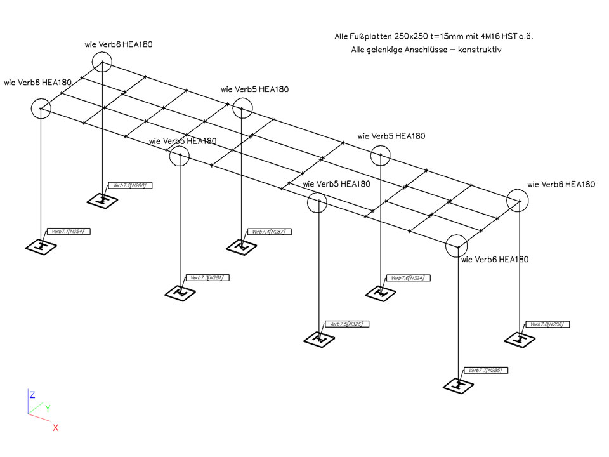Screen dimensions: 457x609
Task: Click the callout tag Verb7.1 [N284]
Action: (x=69, y=231)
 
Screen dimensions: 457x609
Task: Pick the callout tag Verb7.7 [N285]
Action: (x=486, y=369)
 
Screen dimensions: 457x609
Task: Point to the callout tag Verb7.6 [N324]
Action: (x=407, y=278)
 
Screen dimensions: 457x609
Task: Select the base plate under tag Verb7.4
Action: (x=241, y=246)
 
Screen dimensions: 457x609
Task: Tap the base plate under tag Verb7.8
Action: (x=521, y=338)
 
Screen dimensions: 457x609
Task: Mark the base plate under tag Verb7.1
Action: (x=41, y=246)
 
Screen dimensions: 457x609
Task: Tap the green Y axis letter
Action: (x=48, y=408)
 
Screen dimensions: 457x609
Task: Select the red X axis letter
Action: (x=56, y=428)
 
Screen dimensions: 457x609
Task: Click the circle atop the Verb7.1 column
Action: (x=41, y=109)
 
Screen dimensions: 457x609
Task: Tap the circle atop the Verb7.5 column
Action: (x=317, y=202)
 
